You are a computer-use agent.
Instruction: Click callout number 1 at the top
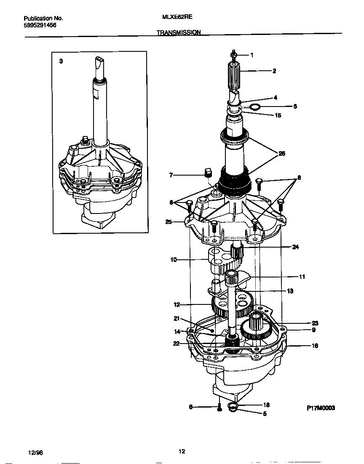coord(252,55)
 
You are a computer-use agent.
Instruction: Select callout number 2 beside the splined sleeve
coord(274,71)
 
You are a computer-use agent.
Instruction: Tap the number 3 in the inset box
coord(61,61)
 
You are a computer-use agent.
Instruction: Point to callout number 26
coord(282,153)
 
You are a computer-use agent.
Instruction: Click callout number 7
coord(171,175)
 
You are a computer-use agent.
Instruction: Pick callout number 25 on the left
coord(169,221)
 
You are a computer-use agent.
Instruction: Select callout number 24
coord(295,247)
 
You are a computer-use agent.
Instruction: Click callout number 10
coord(173,260)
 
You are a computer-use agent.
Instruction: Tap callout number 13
coord(290,291)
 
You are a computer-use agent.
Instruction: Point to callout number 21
coord(177,318)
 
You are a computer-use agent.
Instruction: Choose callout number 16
coord(315,346)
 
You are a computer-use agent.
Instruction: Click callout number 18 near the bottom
coord(266,405)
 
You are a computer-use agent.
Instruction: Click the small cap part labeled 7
coord(207,172)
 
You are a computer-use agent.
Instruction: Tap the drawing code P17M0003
coord(321,408)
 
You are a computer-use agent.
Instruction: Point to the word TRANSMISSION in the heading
coord(179,32)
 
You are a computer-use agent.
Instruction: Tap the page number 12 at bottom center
coord(182,452)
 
